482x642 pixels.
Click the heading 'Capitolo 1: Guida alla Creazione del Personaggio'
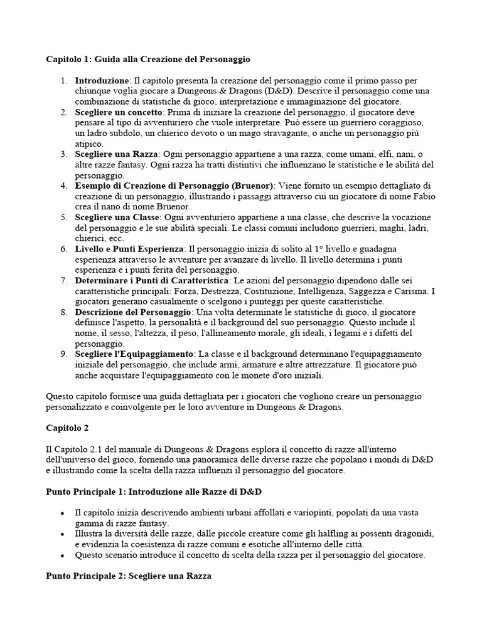[148, 60]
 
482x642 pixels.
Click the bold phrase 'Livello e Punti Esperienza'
[129, 249]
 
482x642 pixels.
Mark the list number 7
[64, 280]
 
